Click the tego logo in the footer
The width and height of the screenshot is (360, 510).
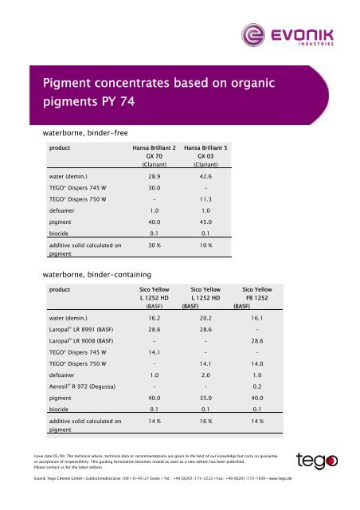click(319, 461)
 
